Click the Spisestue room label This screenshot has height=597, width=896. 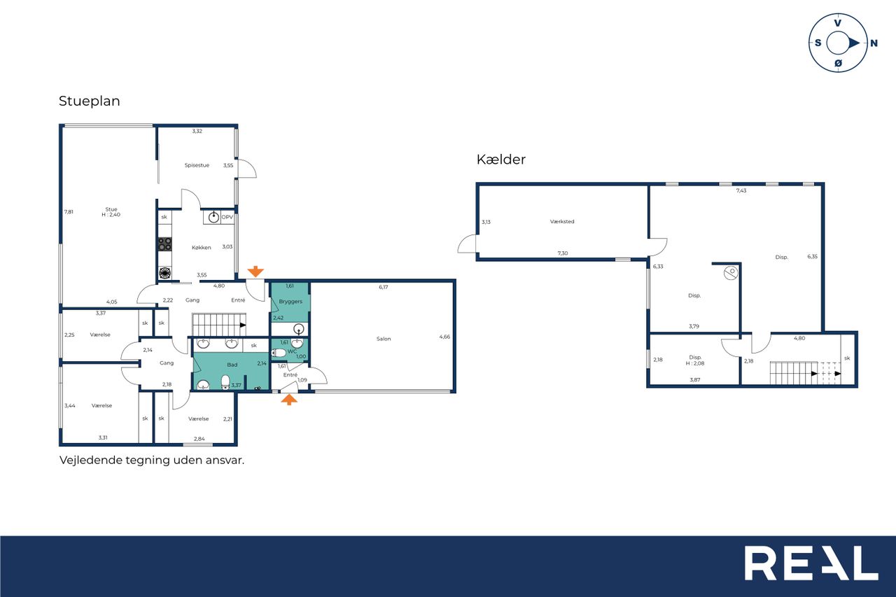(197, 165)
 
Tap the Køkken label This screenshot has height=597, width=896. (201, 248)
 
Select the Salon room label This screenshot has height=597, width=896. (384, 339)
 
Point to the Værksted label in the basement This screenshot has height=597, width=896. (562, 222)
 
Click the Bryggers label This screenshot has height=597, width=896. (290, 302)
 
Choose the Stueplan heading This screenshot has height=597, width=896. (89, 101)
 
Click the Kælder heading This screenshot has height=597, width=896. (500, 160)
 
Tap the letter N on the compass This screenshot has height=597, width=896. (874, 43)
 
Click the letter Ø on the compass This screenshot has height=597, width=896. (839, 63)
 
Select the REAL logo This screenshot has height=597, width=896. (811, 563)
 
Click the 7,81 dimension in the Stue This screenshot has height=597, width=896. (69, 212)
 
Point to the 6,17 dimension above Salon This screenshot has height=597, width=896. (383, 287)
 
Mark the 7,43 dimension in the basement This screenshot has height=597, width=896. (741, 191)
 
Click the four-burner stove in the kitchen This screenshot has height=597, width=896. (164, 244)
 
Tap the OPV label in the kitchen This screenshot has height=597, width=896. (227, 217)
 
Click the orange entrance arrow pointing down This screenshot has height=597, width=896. (255, 272)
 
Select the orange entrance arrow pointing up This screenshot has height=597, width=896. (289, 400)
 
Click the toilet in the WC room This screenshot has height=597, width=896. (279, 353)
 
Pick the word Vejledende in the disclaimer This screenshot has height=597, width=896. (91, 461)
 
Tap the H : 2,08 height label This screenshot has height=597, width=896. (695, 363)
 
